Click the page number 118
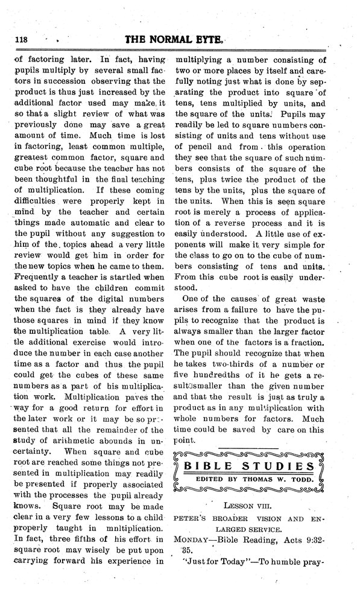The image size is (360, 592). click(x=21, y=39)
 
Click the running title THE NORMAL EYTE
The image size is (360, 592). click(x=175, y=39)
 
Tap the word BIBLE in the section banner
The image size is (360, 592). click(x=209, y=466)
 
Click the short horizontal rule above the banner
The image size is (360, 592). click(x=248, y=447)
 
